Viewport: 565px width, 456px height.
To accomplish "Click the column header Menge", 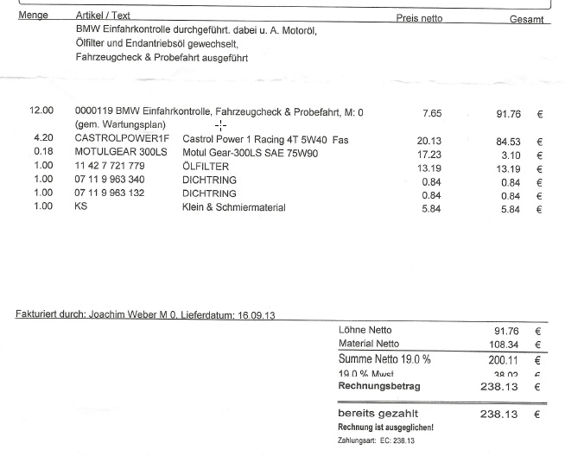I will pyautogui.click(x=33, y=16).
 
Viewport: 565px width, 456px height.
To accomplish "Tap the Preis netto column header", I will pyautogui.click(x=419, y=18).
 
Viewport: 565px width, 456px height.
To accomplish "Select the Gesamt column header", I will pyautogui.click(x=526, y=19).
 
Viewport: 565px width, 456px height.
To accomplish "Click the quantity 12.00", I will pyautogui.click(x=41, y=111).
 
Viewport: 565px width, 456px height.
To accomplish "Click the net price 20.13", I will pyautogui.click(x=429, y=140).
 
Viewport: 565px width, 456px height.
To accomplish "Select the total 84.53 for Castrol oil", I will pyautogui.click(x=508, y=142).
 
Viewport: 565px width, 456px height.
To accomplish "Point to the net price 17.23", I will pyautogui.click(x=429, y=154).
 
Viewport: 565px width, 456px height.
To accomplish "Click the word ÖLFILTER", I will pyautogui.click(x=206, y=167).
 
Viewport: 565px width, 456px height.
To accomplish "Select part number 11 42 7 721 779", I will pyautogui.click(x=110, y=166).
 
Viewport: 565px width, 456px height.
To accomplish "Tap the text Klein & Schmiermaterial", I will pyautogui.click(x=233, y=208).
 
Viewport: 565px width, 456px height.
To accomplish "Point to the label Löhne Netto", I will pyautogui.click(x=366, y=330).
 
